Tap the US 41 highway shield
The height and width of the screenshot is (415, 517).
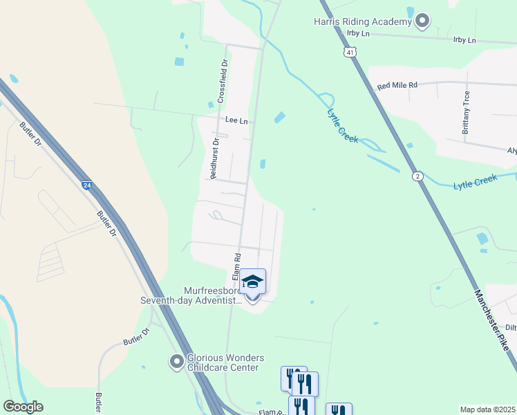point(351,52)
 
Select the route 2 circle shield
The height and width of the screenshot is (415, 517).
point(417,176)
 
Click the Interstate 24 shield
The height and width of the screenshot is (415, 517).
point(86,185)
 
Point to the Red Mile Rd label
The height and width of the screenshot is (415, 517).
point(397,86)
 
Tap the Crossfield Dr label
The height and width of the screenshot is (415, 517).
point(223,81)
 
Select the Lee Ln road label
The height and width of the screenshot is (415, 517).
point(236,120)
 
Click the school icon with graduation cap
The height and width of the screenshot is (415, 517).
point(252,282)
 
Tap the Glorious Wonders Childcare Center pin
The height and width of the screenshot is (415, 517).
point(177,361)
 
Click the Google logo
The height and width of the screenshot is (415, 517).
point(22,407)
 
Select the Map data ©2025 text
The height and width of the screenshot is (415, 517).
point(487,409)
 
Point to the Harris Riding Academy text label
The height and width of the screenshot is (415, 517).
point(364,22)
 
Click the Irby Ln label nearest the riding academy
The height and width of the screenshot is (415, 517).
point(359,33)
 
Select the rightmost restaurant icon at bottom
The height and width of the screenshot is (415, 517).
point(339,410)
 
